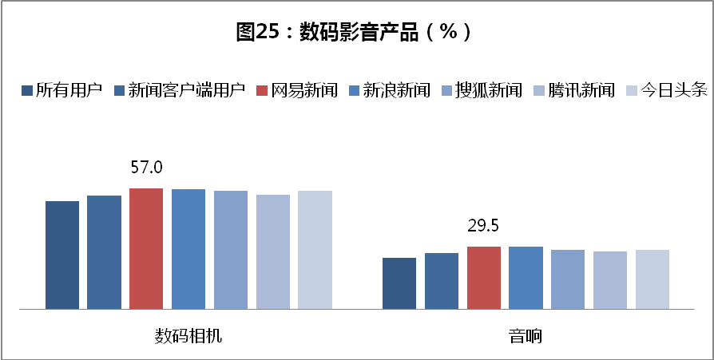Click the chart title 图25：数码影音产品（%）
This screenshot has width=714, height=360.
pos(353,32)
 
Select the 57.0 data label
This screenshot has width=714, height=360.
pos(146,168)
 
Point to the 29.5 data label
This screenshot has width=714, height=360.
pos(484,226)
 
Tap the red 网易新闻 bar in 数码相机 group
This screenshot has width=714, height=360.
pos(146,248)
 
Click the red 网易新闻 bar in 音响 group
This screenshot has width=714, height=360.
pos(484,278)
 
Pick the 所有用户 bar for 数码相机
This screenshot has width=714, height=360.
pos(62,255)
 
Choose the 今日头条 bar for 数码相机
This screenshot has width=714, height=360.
pos(315,250)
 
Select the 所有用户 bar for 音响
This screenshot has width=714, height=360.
pos(399,283)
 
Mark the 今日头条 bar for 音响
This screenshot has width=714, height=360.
pos(653,279)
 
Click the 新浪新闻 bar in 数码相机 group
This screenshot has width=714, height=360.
pos(188,249)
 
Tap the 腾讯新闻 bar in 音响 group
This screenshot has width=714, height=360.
pos(610,280)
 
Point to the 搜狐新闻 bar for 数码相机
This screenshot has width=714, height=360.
pos(231,250)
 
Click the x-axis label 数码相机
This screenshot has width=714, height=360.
pos(188,337)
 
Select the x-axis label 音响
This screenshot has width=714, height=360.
pos(526,337)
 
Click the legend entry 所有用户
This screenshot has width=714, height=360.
pos(61,90)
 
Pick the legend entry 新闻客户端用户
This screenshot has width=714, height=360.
pos(180,90)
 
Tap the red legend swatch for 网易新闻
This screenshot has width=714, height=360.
pos(262,90)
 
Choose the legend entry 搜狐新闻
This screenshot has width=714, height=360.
pos(482,90)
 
